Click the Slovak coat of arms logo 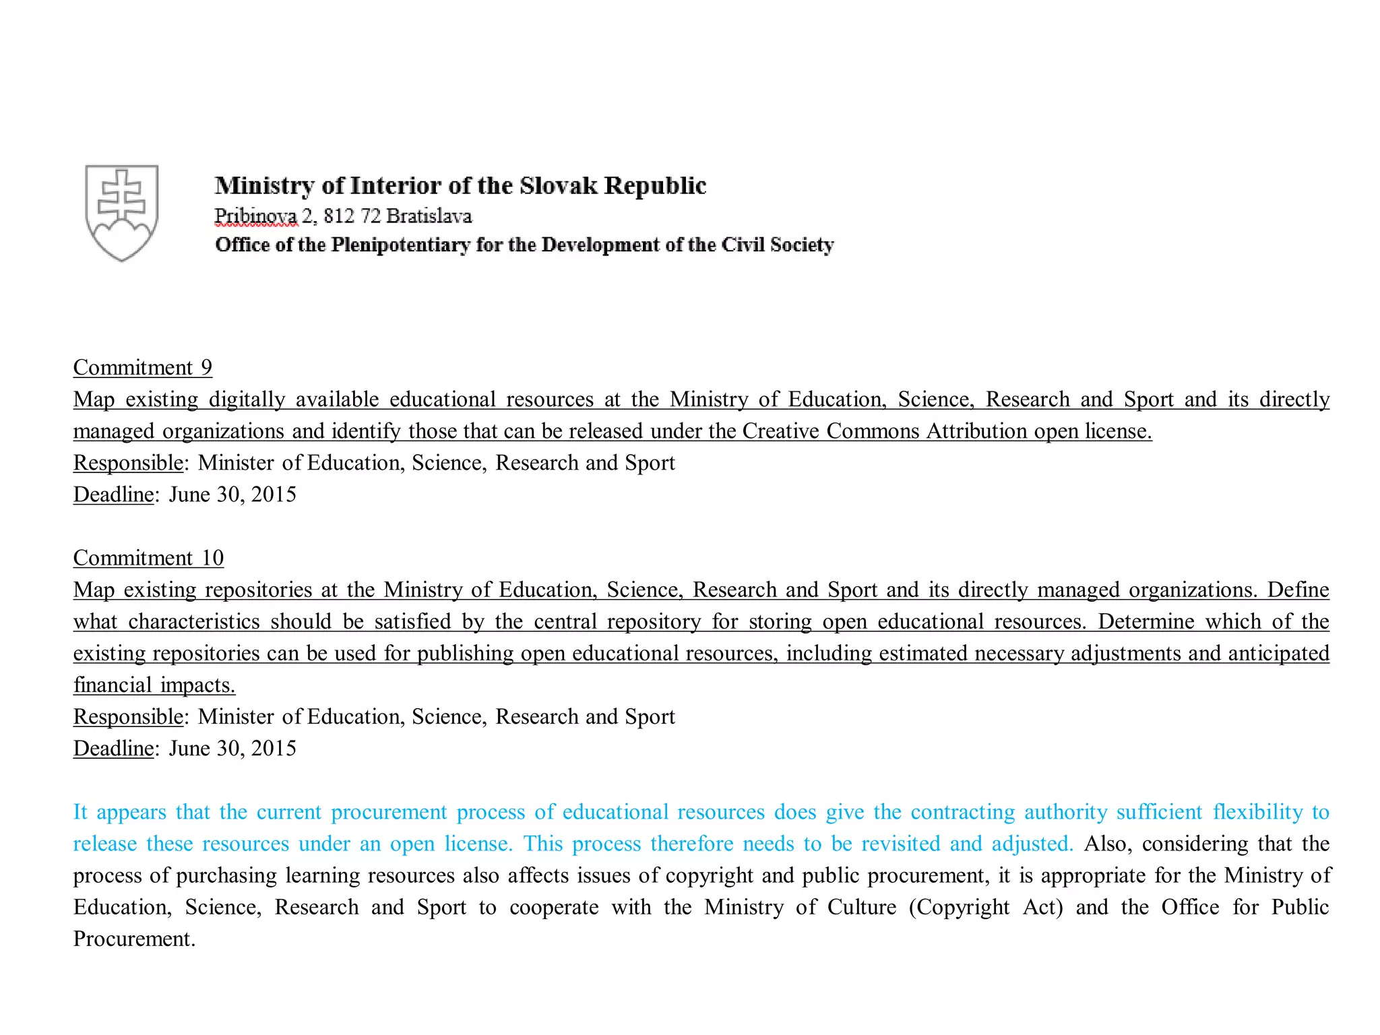tap(122, 212)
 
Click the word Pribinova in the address tap(255, 216)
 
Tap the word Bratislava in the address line tap(429, 216)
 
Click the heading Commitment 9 tap(142, 367)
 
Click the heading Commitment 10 tap(148, 558)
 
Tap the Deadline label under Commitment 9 tap(113, 495)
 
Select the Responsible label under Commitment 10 tap(127, 716)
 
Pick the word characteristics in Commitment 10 tap(194, 621)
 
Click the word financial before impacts tap(113, 685)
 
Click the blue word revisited tap(901, 844)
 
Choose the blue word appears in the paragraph tap(131, 812)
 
